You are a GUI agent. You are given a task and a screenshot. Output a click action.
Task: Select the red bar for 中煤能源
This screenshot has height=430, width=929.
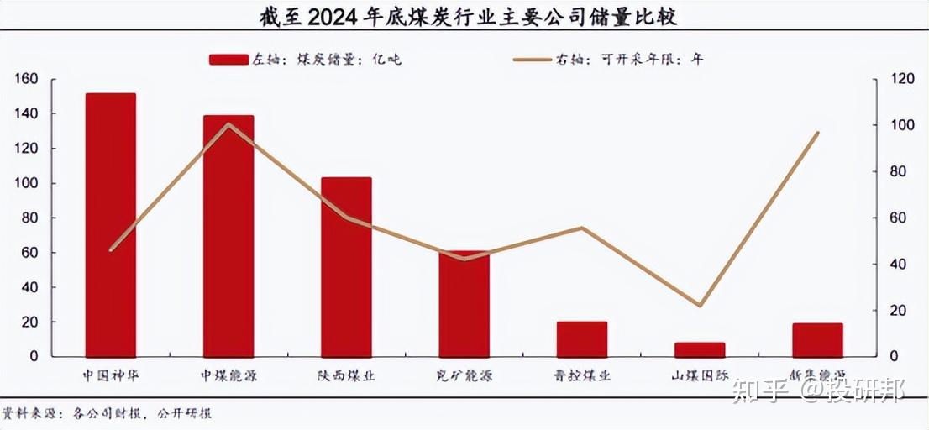[x=228, y=235]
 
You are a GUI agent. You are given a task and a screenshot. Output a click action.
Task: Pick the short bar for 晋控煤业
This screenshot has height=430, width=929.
[x=581, y=339]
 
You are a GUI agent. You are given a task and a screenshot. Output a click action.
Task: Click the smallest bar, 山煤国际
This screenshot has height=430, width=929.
[x=699, y=349]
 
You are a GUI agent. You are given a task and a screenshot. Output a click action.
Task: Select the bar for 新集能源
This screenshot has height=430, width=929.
[x=816, y=340]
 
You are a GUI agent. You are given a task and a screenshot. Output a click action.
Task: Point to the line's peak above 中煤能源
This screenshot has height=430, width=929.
[x=228, y=124]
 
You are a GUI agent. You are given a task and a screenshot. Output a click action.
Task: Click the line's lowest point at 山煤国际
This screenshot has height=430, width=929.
[x=699, y=306]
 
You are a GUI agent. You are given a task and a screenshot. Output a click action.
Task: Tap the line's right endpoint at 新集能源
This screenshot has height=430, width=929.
[x=817, y=133]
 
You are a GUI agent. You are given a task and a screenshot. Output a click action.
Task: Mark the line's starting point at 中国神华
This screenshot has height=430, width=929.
[x=111, y=249]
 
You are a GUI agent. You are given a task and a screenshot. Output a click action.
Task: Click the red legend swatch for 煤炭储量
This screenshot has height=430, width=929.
[x=228, y=60]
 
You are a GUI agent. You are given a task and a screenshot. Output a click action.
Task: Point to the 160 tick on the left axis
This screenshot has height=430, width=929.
[x=27, y=79]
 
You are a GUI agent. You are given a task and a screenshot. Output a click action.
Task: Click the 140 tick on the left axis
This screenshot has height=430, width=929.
[x=27, y=113]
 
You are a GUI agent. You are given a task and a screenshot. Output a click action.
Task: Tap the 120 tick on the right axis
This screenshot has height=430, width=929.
[x=903, y=79]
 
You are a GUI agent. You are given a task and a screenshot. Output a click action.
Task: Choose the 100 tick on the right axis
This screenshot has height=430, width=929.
[x=903, y=125]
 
